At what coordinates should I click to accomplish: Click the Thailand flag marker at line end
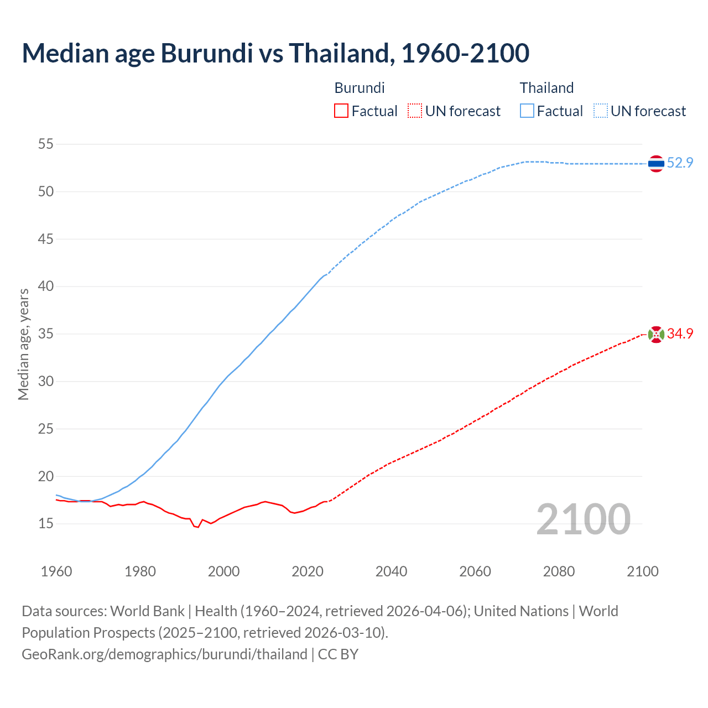pyautogui.click(x=656, y=164)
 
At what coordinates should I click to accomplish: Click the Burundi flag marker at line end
pyautogui.click(x=656, y=334)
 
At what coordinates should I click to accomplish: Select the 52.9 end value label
pyautogui.click(x=680, y=163)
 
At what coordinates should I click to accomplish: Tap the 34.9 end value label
pyautogui.click(x=680, y=334)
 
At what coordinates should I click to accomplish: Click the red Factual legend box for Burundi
pyautogui.click(x=341, y=111)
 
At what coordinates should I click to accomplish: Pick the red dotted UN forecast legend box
pyautogui.click(x=415, y=111)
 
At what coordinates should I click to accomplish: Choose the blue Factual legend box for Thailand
pyautogui.click(x=527, y=111)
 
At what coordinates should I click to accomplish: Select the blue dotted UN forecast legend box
pyautogui.click(x=601, y=111)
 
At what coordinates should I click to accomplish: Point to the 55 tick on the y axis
pyautogui.click(x=46, y=144)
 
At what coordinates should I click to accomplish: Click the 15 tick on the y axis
pyautogui.click(x=46, y=523)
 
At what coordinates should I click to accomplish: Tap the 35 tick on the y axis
pyautogui.click(x=46, y=334)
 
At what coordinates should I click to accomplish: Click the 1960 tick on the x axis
pyautogui.click(x=56, y=571)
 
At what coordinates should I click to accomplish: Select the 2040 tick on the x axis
pyautogui.click(x=391, y=571)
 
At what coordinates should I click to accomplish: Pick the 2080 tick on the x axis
pyautogui.click(x=559, y=571)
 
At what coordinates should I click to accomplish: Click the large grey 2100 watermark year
pyautogui.click(x=583, y=519)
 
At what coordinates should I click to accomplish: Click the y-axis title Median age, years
pyautogui.click(x=23, y=344)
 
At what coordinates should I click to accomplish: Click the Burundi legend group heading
pyautogui.click(x=360, y=88)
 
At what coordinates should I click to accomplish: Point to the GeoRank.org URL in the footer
pyautogui.click(x=164, y=654)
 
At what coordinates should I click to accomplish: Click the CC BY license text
pyautogui.click(x=338, y=654)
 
